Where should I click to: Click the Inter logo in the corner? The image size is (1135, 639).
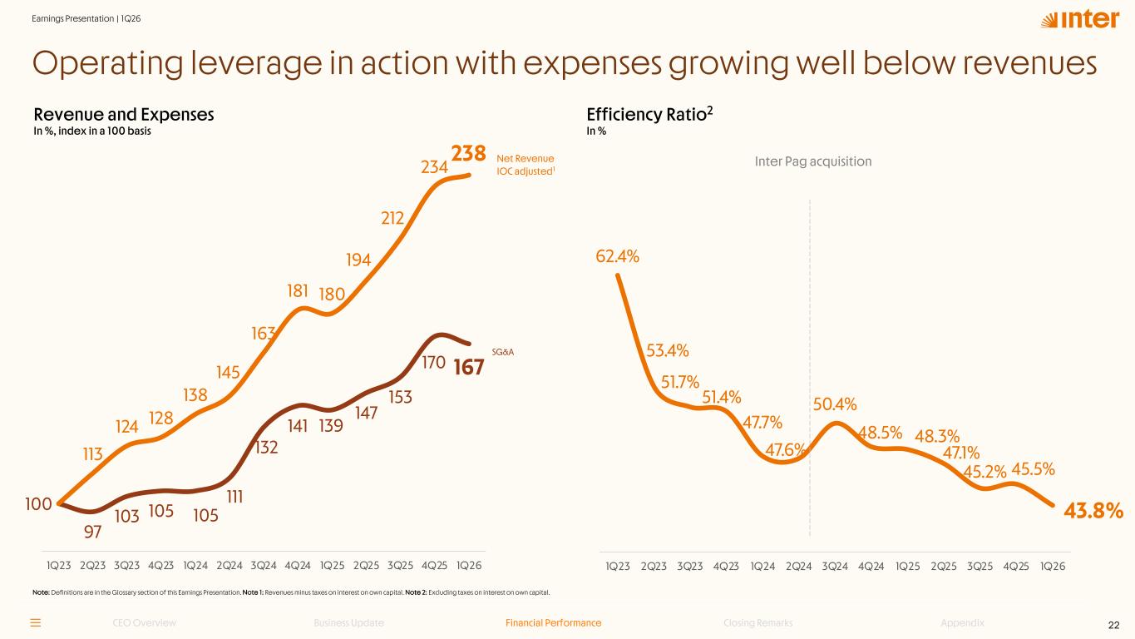[1080, 19]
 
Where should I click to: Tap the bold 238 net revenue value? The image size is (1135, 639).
[468, 153]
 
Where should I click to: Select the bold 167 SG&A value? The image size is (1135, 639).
[469, 367]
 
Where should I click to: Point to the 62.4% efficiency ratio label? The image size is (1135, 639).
[617, 256]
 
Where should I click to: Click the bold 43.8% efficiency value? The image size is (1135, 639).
[1093, 511]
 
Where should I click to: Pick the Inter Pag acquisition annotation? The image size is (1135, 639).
[812, 161]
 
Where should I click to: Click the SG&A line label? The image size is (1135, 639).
[502, 352]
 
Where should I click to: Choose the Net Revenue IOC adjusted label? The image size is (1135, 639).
[526, 165]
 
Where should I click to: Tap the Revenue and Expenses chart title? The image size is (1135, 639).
[124, 115]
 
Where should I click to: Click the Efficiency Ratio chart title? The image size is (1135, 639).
[649, 114]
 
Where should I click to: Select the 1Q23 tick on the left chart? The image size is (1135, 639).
[59, 565]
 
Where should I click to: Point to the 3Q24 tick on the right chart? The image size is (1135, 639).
[835, 566]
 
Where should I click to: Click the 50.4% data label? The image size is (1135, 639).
[835, 404]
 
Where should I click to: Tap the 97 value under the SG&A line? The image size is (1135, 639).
[93, 532]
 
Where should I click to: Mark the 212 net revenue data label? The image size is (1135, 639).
[392, 218]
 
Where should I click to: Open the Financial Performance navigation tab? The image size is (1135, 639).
[553, 622]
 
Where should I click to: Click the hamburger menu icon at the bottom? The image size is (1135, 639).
[36, 622]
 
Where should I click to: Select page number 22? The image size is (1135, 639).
[1113, 625]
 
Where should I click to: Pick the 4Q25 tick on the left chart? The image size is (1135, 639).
[434, 565]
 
